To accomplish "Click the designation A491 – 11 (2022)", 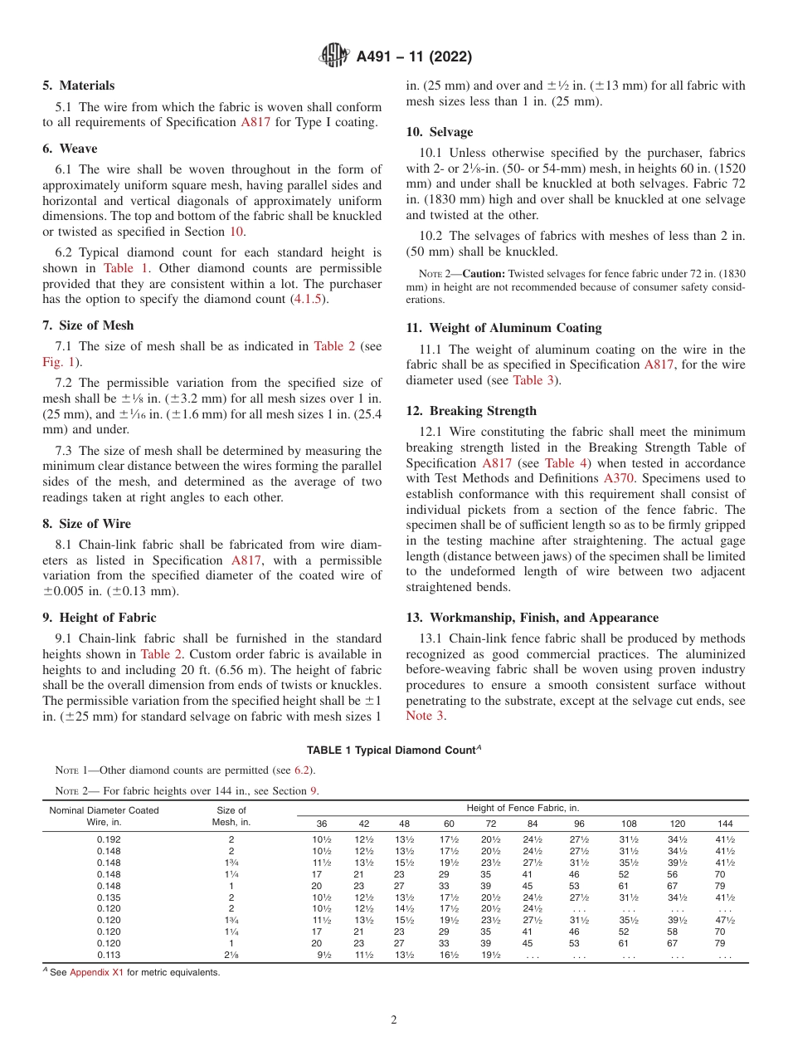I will [x=414, y=56].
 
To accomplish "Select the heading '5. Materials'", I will [x=79, y=86].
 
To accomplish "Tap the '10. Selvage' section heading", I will [x=440, y=132].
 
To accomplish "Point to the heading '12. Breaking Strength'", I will [x=471, y=411].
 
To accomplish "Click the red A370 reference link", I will [x=619, y=478].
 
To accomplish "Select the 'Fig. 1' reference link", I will [x=60, y=361].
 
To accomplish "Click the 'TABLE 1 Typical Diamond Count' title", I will [x=394, y=750].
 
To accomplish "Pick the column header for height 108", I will [x=630, y=824].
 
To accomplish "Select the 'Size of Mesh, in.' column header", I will [x=231, y=816].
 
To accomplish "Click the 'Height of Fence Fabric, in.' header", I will [x=523, y=808].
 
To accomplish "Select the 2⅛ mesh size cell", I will [x=231, y=955].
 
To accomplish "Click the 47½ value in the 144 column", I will [x=725, y=920].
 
